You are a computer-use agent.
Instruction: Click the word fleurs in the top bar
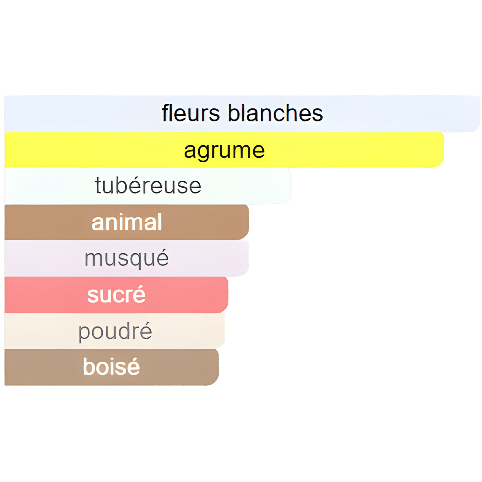190,114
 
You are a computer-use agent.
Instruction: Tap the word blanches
275,114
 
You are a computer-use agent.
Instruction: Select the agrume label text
224,151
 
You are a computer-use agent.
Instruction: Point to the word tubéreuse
148,186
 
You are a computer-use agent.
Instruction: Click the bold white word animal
127,223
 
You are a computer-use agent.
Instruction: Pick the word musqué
127,258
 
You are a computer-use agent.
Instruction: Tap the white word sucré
116,295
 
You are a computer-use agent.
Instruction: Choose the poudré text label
115,331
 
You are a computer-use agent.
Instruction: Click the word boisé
111,367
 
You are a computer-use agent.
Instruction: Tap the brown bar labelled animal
205,223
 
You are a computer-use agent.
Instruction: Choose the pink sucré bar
187,295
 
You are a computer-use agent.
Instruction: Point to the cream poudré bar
187,331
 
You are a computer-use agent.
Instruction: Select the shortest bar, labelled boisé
181,367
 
